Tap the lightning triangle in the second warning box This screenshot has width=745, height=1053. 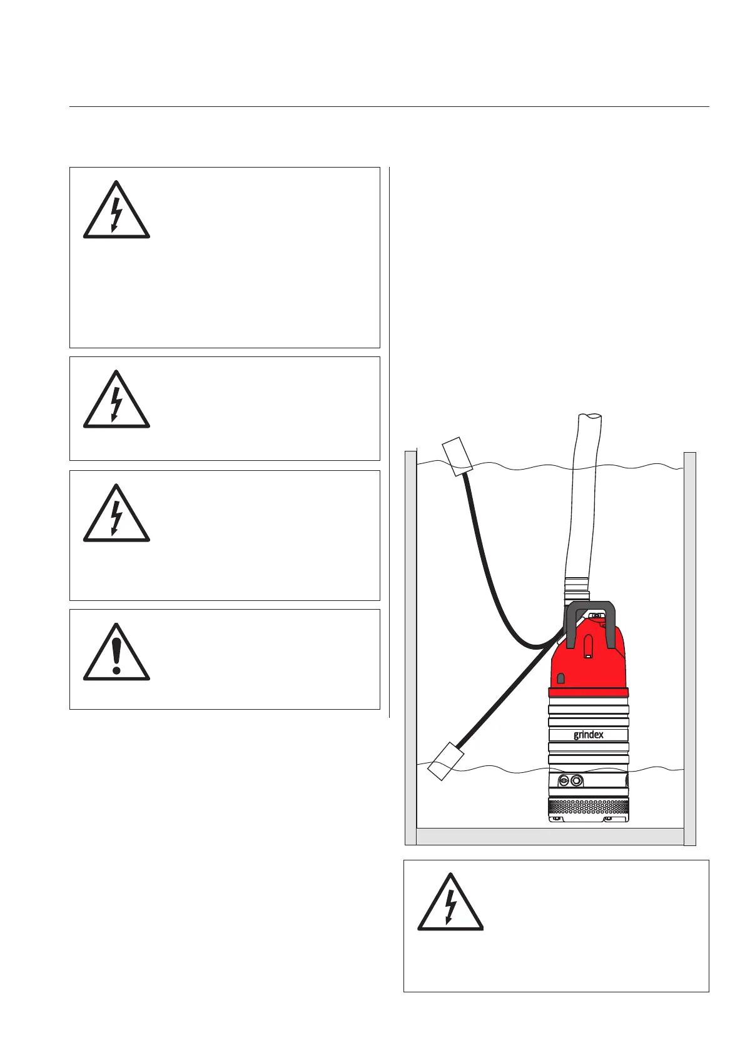(x=116, y=400)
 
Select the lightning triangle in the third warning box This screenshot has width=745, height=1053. (x=116, y=514)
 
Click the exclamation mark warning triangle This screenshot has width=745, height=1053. (x=116, y=653)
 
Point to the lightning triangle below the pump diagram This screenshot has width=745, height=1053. (x=450, y=903)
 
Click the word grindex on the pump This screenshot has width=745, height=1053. (x=589, y=735)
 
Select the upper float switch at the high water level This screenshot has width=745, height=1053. (x=457, y=455)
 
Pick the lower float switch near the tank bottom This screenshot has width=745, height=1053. (x=446, y=760)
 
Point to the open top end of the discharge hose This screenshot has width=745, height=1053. (x=590, y=418)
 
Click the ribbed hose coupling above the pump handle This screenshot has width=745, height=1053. (x=576, y=589)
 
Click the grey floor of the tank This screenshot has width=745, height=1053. (x=550, y=836)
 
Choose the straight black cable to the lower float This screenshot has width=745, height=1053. (x=507, y=694)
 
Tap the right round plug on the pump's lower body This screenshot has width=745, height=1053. (x=577, y=780)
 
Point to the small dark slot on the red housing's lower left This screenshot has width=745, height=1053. (x=561, y=678)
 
